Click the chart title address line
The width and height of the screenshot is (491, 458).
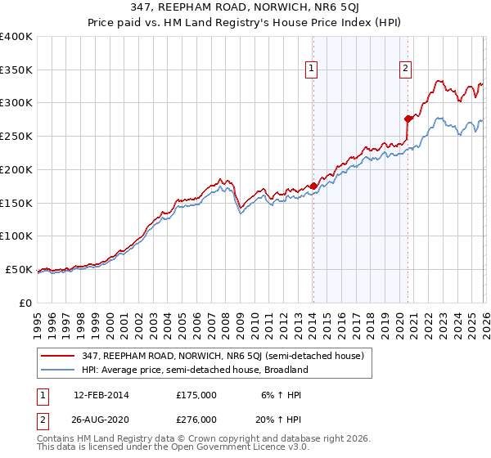pos(245,7)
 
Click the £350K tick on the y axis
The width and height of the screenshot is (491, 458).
pos(16,70)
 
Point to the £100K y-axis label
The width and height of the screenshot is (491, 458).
pos(16,236)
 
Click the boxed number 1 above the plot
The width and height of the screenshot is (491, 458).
pos(313,70)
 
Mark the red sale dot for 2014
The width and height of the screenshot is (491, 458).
pos(313,186)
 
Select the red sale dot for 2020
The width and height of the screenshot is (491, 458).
pos(408,119)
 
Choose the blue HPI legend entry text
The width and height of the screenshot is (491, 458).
pos(194,370)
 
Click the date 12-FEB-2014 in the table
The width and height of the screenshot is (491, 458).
pos(101,395)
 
